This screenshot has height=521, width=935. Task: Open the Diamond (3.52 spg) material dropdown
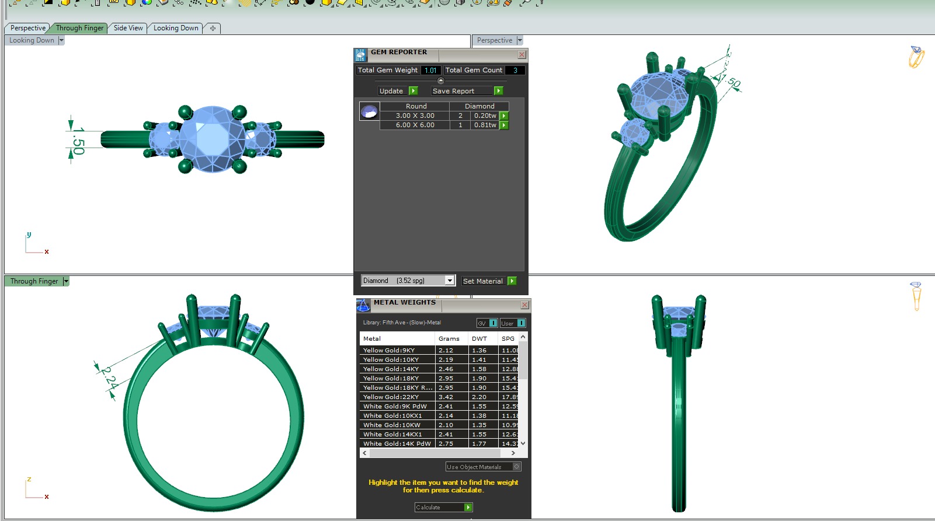click(x=449, y=281)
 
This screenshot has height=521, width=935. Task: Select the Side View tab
click(x=128, y=28)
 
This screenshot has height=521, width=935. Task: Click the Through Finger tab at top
click(x=79, y=28)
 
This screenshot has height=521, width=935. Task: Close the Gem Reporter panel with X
click(x=522, y=55)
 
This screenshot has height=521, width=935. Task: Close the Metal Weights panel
click(x=524, y=305)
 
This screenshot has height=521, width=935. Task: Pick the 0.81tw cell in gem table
click(x=485, y=125)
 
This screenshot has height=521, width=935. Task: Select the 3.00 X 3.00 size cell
click(x=415, y=116)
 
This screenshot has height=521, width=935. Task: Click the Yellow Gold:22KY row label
click(x=391, y=397)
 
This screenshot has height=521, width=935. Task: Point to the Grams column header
click(x=449, y=338)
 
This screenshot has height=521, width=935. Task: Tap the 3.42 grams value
click(x=446, y=397)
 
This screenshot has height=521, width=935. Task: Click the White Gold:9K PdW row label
click(x=395, y=406)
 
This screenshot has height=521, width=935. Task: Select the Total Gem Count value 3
click(x=515, y=70)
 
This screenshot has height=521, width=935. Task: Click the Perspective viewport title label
click(x=494, y=40)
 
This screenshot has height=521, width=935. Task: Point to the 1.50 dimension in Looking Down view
click(x=78, y=141)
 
